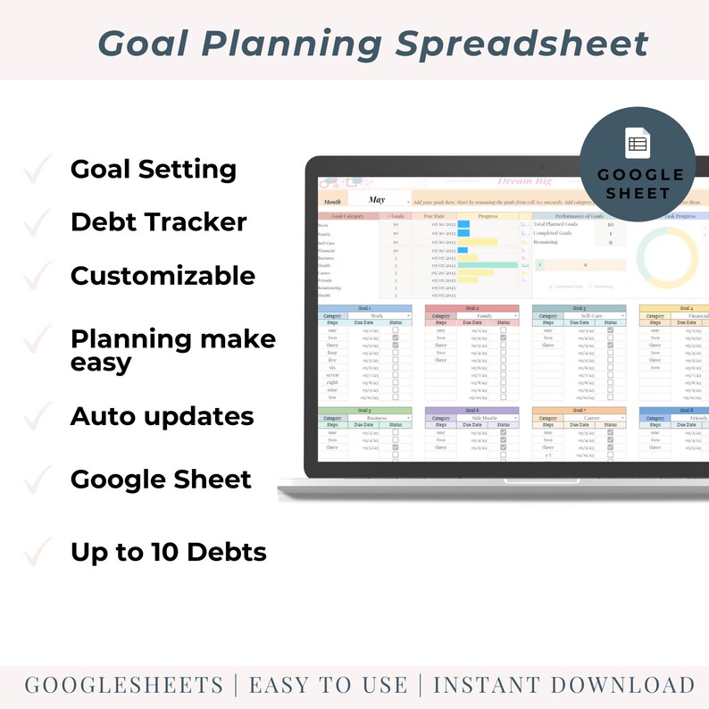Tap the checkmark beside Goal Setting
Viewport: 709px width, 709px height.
(x=38, y=169)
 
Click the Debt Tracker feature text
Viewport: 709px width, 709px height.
(x=158, y=221)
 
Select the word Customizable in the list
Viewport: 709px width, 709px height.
(x=163, y=275)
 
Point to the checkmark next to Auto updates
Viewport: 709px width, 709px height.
(x=38, y=416)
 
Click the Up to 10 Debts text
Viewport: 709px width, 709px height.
(x=168, y=552)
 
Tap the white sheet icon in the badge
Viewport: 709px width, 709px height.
(x=638, y=144)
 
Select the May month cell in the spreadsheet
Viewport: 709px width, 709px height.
(x=377, y=200)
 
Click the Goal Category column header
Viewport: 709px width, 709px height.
(x=348, y=215)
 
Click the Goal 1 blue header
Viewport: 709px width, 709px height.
(x=364, y=308)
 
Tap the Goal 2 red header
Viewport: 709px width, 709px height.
(x=471, y=308)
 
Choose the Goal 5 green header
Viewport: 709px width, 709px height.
(x=364, y=411)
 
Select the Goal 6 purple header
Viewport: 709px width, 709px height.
(x=471, y=411)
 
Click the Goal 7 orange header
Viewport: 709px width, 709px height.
(x=579, y=411)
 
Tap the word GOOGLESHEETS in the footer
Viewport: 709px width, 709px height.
(x=124, y=685)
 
